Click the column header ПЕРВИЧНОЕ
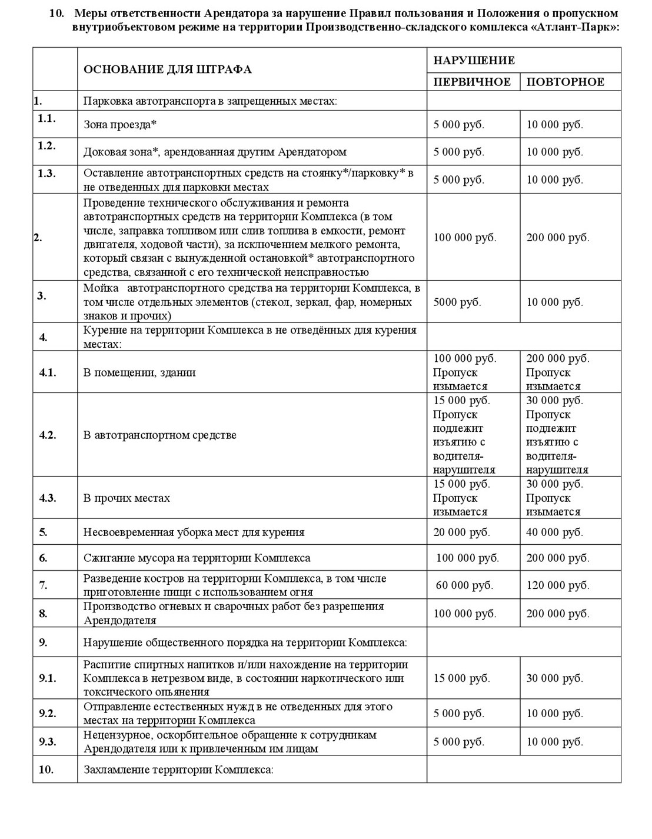click(472, 82)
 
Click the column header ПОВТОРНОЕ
click(565, 82)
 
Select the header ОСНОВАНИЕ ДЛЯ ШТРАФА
click(168, 69)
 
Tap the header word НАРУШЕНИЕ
click(474, 60)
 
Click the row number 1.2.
click(46, 146)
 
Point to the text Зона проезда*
click(120, 125)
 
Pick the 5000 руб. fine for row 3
click(457, 302)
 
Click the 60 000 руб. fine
click(464, 585)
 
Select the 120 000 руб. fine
click(557, 585)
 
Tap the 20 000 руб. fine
click(461, 532)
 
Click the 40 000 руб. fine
click(554, 532)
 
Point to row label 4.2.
click(48, 435)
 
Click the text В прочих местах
click(127, 498)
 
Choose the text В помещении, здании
click(139, 372)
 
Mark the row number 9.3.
click(48, 742)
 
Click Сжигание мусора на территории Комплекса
click(197, 558)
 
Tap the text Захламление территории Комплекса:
click(178, 770)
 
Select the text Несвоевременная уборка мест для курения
click(194, 532)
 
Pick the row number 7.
click(43, 585)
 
